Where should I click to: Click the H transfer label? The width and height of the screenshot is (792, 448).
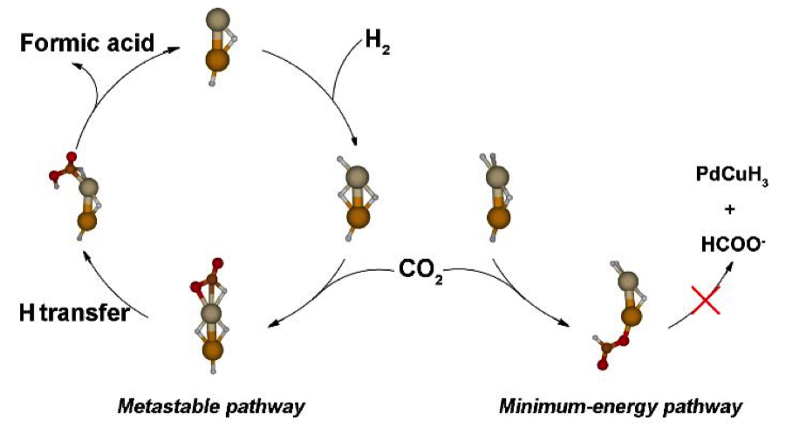(73, 312)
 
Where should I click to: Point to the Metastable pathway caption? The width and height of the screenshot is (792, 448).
(210, 407)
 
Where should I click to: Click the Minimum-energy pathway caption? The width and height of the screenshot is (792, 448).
(620, 407)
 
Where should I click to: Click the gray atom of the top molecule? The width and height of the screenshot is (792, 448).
(218, 21)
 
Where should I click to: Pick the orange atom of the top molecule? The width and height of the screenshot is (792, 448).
(217, 60)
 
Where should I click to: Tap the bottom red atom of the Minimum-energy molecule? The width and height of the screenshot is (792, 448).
(602, 365)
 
